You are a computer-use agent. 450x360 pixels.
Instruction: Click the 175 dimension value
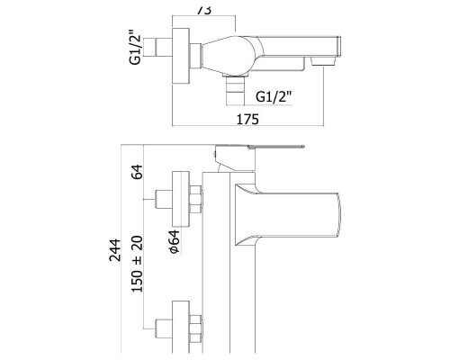pyautogui.click(x=247, y=119)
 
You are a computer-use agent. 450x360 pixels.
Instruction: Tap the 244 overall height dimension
pyautogui.click(x=115, y=250)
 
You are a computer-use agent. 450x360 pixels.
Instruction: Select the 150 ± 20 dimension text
pyautogui.click(x=137, y=264)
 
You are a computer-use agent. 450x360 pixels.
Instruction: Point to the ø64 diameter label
pyautogui.click(x=175, y=242)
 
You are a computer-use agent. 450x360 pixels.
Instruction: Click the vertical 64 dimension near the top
pyautogui.click(x=137, y=172)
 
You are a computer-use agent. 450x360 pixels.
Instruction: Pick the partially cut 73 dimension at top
pyautogui.click(x=204, y=10)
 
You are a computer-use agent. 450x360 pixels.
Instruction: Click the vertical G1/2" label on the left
pyautogui.click(x=135, y=47)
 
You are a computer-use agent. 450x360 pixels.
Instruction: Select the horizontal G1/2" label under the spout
pyautogui.click(x=274, y=96)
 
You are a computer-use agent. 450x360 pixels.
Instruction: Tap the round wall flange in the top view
pyautogui.click(x=181, y=56)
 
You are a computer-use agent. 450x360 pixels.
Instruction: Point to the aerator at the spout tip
pyautogui.click(x=323, y=61)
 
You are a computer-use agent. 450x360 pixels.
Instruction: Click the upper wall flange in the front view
pyautogui.click(x=181, y=199)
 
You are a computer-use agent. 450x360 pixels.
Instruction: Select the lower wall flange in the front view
pyautogui.click(x=181, y=327)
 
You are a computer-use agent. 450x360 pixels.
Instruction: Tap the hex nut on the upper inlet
pyautogui.click(x=195, y=199)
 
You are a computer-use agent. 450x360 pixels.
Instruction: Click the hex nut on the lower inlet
pyautogui.click(x=196, y=328)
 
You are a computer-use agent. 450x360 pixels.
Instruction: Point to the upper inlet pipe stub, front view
pyautogui.click(x=164, y=199)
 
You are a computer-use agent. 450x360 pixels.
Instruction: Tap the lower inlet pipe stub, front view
pyautogui.click(x=164, y=328)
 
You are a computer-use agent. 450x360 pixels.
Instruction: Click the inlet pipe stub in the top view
pyautogui.click(x=164, y=47)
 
